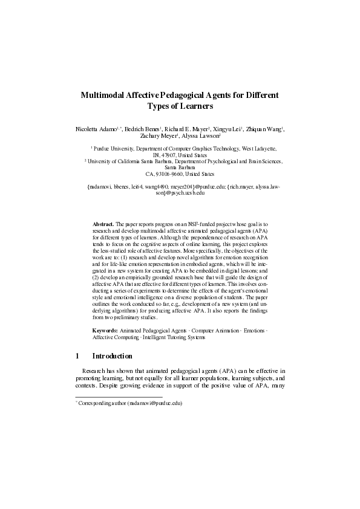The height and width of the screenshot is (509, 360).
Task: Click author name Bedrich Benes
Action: pos(146,129)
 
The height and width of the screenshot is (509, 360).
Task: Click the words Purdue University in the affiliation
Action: pos(114,148)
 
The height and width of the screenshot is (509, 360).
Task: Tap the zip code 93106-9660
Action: pos(163,175)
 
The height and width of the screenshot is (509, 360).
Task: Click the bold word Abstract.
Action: pos(102,224)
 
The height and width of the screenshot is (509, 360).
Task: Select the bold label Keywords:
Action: pos(105,331)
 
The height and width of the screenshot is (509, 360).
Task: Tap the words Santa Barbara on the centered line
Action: pos(180,168)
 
